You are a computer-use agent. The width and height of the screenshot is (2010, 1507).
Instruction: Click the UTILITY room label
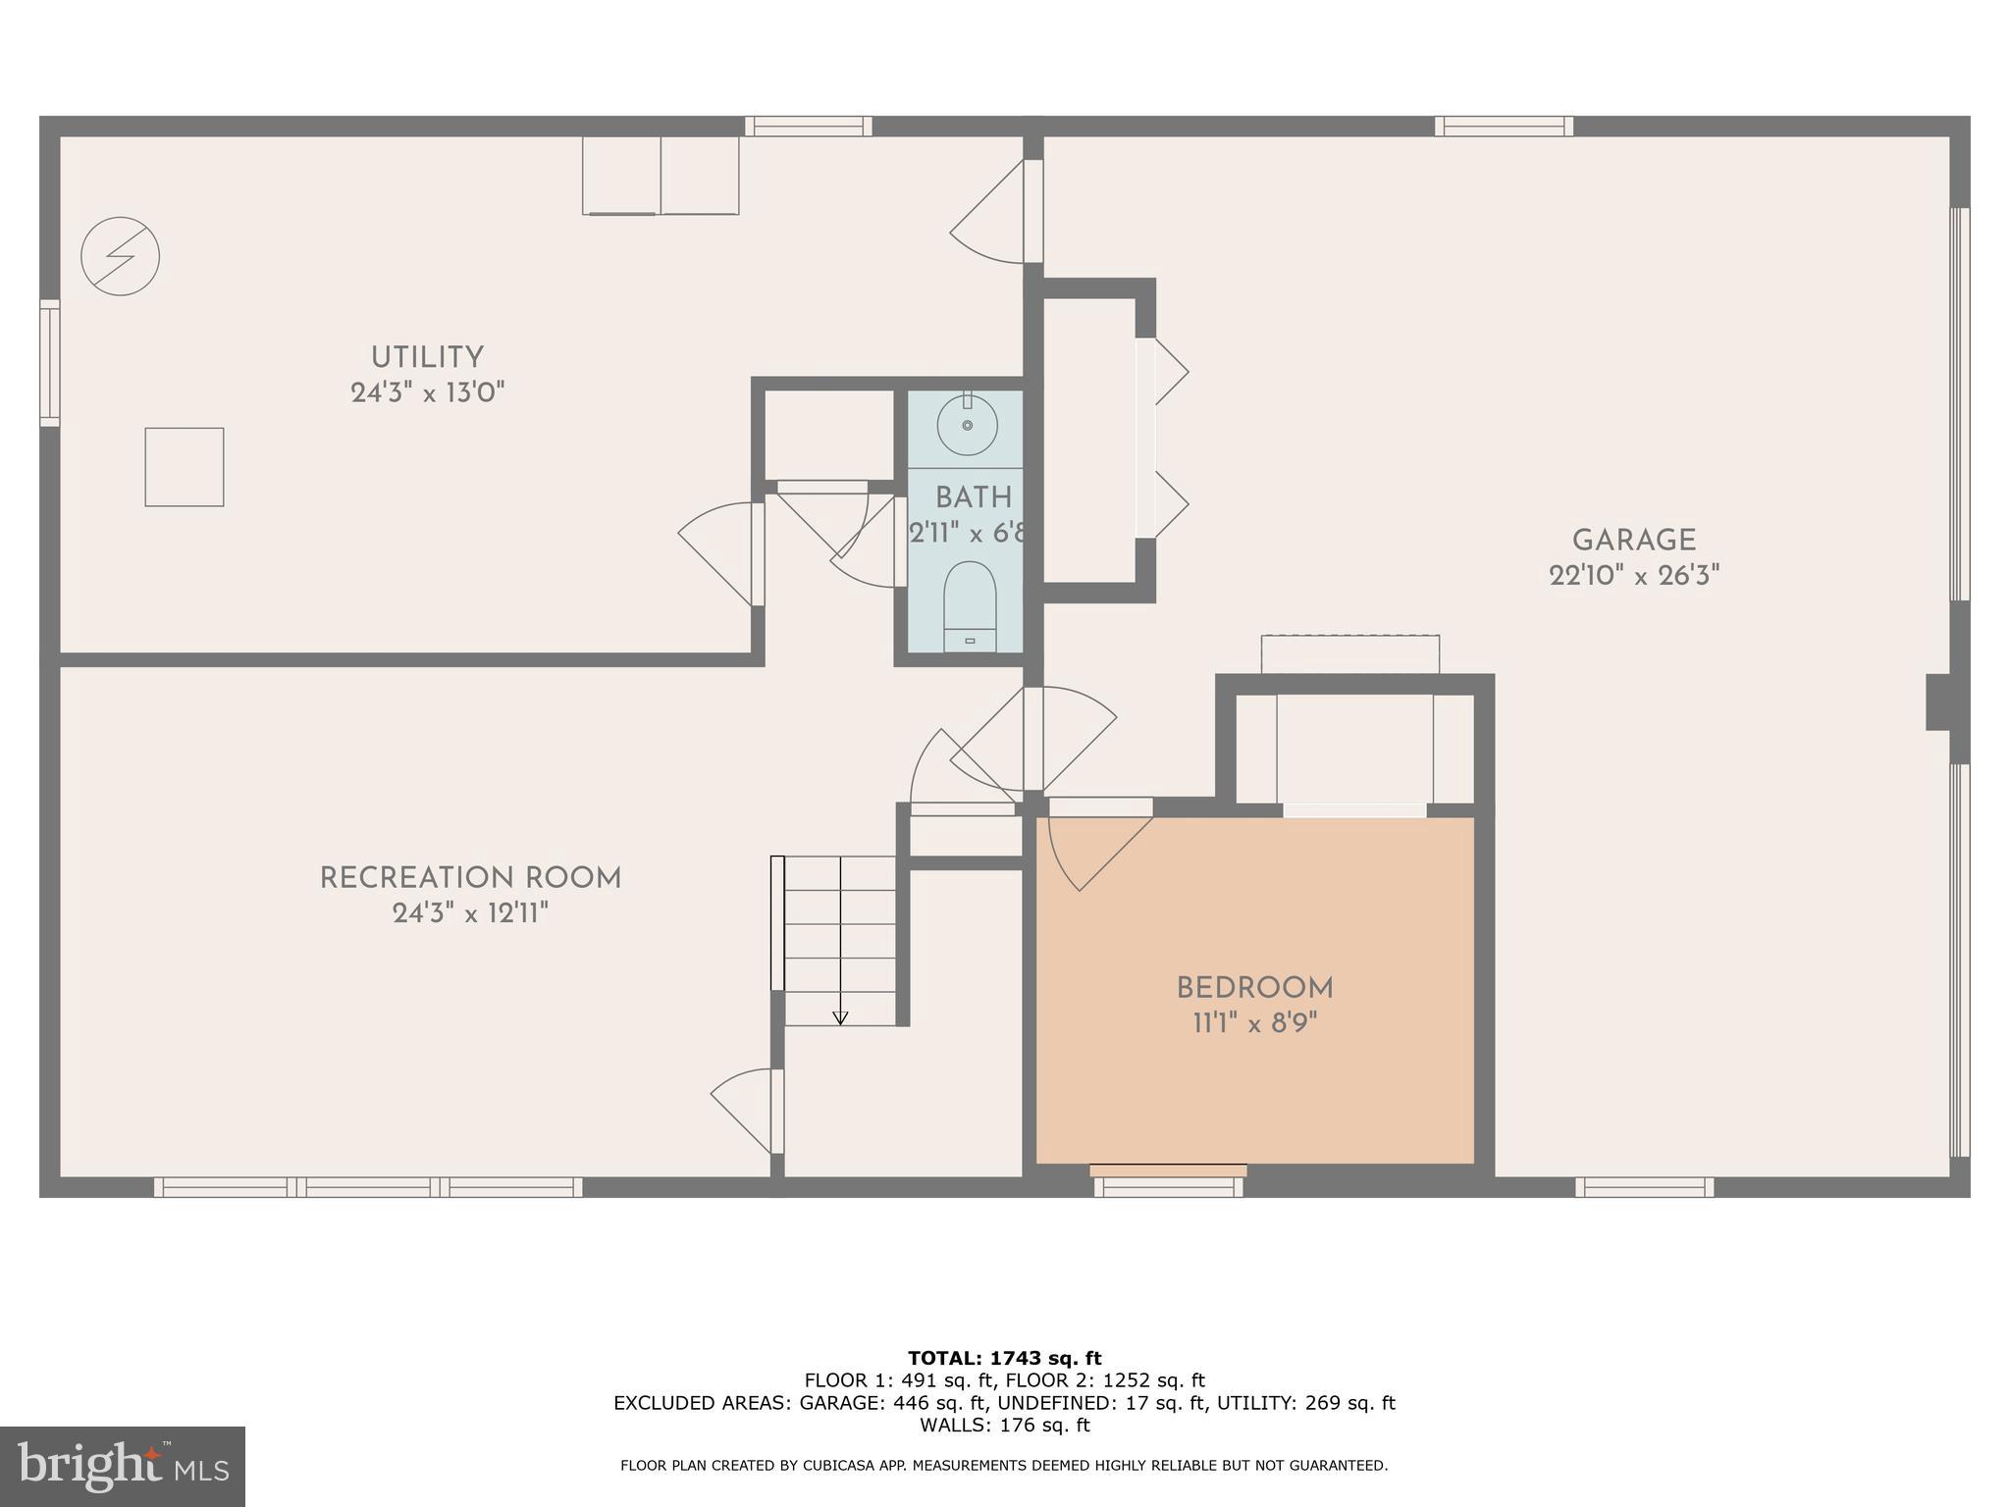pyautogui.click(x=427, y=357)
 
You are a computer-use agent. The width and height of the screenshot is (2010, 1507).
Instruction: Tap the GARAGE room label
pyautogui.click(x=1633, y=540)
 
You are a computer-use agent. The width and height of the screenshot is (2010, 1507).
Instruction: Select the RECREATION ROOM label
pyautogui.click(x=470, y=877)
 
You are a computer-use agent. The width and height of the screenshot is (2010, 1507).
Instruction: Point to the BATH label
pyautogui.click(x=973, y=497)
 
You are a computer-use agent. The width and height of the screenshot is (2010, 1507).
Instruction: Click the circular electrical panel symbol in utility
pyautogui.click(x=120, y=256)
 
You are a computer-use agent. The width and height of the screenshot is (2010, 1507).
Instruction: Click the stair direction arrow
pyautogui.click(x=840, y=1017)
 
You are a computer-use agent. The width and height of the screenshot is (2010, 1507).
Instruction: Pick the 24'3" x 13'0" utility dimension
pyautogui.click(x=427, y=393)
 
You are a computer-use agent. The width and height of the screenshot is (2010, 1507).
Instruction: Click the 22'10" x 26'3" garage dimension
pyautogui.click(x=1633, y=576)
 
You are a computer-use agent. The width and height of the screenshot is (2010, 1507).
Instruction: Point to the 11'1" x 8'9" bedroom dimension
pyautogui.click(x=1254, y=1023)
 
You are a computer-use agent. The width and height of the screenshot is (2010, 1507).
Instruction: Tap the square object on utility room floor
pyautogui.click(x=185, y=467)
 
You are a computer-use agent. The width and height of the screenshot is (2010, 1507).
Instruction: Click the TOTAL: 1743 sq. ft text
pyautogui.click(x=1004, y=1358)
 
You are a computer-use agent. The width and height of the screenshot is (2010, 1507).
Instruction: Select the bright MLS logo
pyautogui.click(x=123, y=1466)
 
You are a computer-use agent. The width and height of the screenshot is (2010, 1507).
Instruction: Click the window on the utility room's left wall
pyautogui.click(x=49, y=363)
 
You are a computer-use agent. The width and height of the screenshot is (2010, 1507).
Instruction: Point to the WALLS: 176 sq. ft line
pyautogui.click(x=1004, y=1426)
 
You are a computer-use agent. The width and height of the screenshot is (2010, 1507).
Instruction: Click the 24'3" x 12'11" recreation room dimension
pyautogui.click(x=470, y=913)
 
